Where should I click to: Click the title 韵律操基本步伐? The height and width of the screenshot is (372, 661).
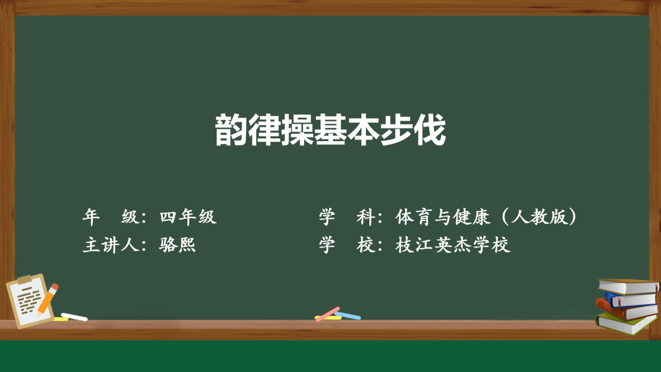tap(330, 130)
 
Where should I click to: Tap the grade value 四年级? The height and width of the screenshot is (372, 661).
tap(188, 217)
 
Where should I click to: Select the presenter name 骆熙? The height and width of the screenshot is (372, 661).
tap(177, 245)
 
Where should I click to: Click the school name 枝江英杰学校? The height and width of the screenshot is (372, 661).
tap(453, 245)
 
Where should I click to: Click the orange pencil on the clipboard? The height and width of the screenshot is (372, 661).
tap(47, 299)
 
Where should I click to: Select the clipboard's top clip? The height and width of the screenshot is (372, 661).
tap(24, 279)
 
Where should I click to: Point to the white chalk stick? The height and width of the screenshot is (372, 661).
tap(74, 317)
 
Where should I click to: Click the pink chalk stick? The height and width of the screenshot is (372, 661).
tap(328, 314)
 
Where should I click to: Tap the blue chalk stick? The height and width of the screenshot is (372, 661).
tap(348, 316)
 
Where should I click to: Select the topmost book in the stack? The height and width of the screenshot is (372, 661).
tap(628, 286)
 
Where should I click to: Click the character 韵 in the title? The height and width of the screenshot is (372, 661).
tap(231, 130)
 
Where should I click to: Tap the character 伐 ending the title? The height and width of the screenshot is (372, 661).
tap(430, 130)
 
